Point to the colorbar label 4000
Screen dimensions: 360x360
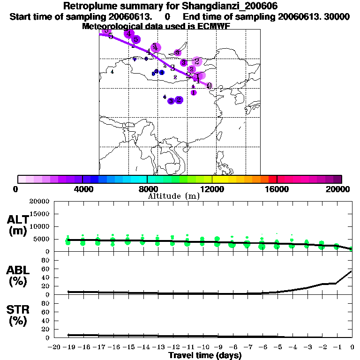click(x=82, y=189)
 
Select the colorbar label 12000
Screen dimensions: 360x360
click(x=212, y=189)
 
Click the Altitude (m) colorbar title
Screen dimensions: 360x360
click(x=174, y=196)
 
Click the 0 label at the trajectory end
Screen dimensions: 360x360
click(x=209, y=86)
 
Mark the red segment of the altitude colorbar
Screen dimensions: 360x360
click(x=272, y=179)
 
